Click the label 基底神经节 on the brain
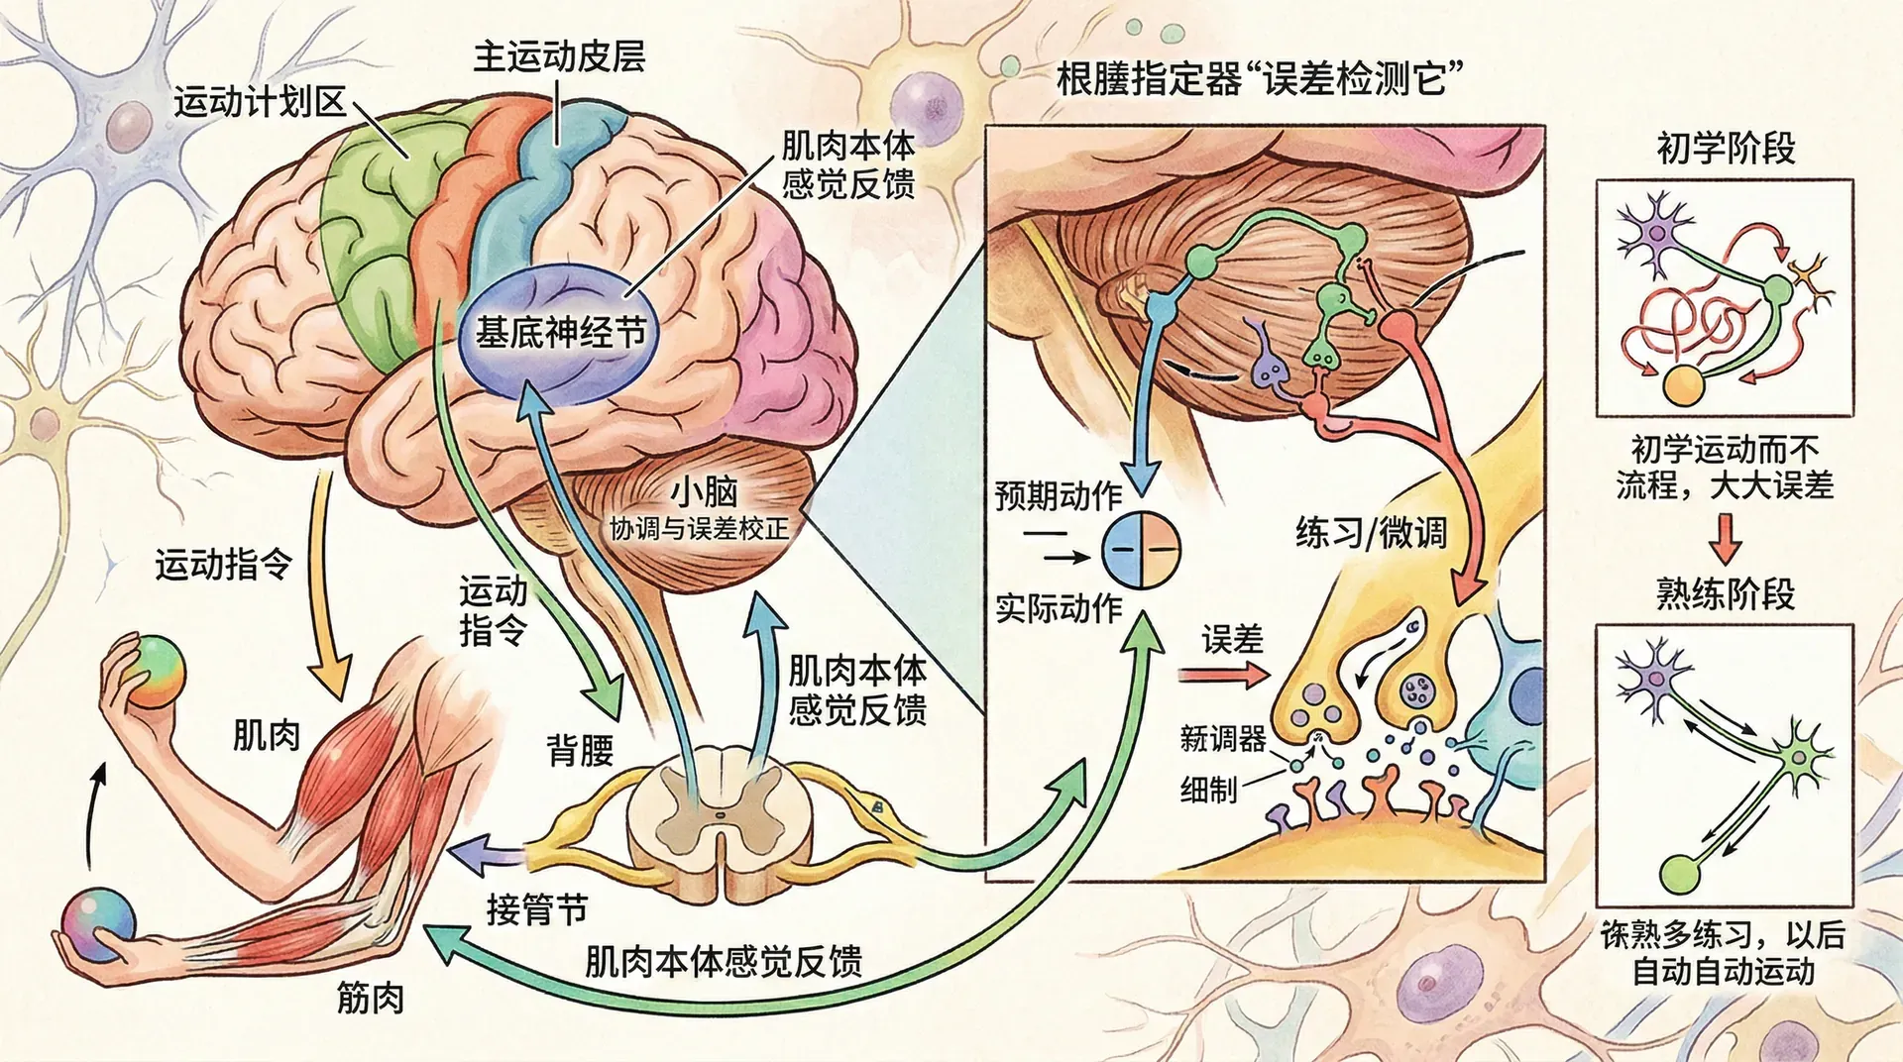pyautogui.click(x=560, y=332)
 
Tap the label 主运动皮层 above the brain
pyautogui.click(x=559, y=56)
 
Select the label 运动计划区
pyautogui.click(x=260, y=102)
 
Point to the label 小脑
pyautogui.click(x=704, y=491)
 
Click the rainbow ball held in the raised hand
pyautogui.click(x=158, y=671)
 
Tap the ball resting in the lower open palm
pyautogui.click(x=97, y=920)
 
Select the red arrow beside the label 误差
pyautogui.click(x=1223, y=676)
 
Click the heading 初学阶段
pyautogui.click(x=1726, y=149)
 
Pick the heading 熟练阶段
pyautogui.click(x=1726, y=593)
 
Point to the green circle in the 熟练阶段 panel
pyautogui.click(x=1678, y=873)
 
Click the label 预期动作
pyautogui.click(x=1059, y=495)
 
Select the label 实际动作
pyautogui.click(x=1059, y=608)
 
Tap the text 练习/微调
pyautogui.click(x=1371, y=533)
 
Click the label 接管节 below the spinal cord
pyautogui.click(x=537, y=908)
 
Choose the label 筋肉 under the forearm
pyautogui.click(x=371, y=998)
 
